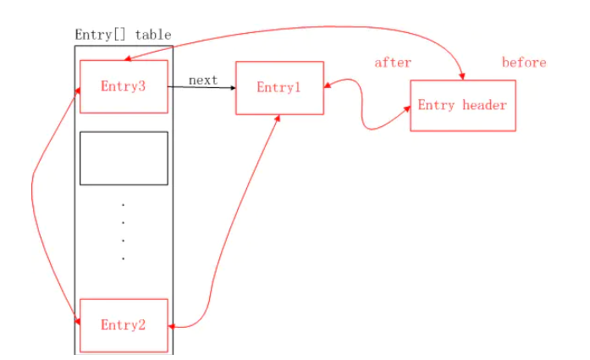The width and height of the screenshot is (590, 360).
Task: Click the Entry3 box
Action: pos(123,86)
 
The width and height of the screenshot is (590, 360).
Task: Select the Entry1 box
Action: pos(279,88)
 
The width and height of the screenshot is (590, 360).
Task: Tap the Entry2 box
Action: pos(123,325)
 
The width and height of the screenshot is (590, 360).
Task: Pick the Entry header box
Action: pos(462,106)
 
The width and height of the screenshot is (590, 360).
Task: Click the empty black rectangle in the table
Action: pos(124,158)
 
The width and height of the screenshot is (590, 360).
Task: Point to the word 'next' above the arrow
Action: pos(203,80)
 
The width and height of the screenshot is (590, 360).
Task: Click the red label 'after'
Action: pos(393,63)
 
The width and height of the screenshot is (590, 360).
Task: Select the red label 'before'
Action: pos(524,63)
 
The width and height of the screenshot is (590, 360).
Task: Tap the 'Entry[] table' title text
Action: pos(123,35)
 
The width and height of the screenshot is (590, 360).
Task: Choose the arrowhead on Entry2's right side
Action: pos(173,326)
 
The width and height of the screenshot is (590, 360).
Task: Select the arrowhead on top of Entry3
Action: pos(126,60)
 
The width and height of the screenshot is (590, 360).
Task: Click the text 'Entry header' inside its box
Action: pos(462,106)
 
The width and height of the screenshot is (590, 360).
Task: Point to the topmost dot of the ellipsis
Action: pos(124,204)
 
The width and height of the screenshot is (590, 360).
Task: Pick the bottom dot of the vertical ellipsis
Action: pos(124,258)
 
